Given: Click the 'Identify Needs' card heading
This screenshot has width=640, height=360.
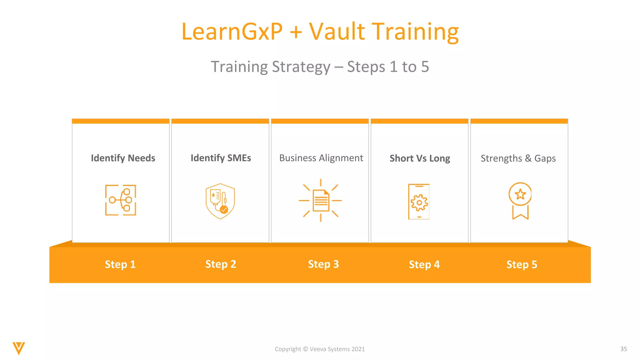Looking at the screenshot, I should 123,158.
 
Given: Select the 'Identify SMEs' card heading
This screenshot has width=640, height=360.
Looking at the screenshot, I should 221,158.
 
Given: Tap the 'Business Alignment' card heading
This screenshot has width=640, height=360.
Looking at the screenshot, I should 321,158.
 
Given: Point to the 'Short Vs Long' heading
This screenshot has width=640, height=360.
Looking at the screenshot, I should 420,158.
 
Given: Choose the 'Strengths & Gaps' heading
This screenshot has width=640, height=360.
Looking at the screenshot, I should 518,158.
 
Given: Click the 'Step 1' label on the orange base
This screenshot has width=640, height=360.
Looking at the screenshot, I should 120,264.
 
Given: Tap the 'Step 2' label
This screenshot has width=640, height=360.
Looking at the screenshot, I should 221,264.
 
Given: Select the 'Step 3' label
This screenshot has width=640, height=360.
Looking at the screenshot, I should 323,264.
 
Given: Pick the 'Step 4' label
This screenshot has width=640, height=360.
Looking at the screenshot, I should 424,264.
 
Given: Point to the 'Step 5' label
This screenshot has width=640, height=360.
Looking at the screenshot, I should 522,264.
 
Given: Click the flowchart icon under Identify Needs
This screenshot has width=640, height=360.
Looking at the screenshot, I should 121,200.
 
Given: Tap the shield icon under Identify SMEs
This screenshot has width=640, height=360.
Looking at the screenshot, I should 220,201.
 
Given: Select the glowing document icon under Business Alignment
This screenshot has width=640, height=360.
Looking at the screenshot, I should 320,200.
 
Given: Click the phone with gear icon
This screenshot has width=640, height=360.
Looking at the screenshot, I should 419,202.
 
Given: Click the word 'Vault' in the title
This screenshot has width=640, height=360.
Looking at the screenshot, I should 337,32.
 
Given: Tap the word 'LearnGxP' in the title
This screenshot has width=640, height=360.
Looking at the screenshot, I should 232,32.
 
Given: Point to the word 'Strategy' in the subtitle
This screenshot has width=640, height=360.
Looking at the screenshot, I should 301,67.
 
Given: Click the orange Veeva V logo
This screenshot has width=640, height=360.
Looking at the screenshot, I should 19,348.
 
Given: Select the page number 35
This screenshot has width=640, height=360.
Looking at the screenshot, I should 623,349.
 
